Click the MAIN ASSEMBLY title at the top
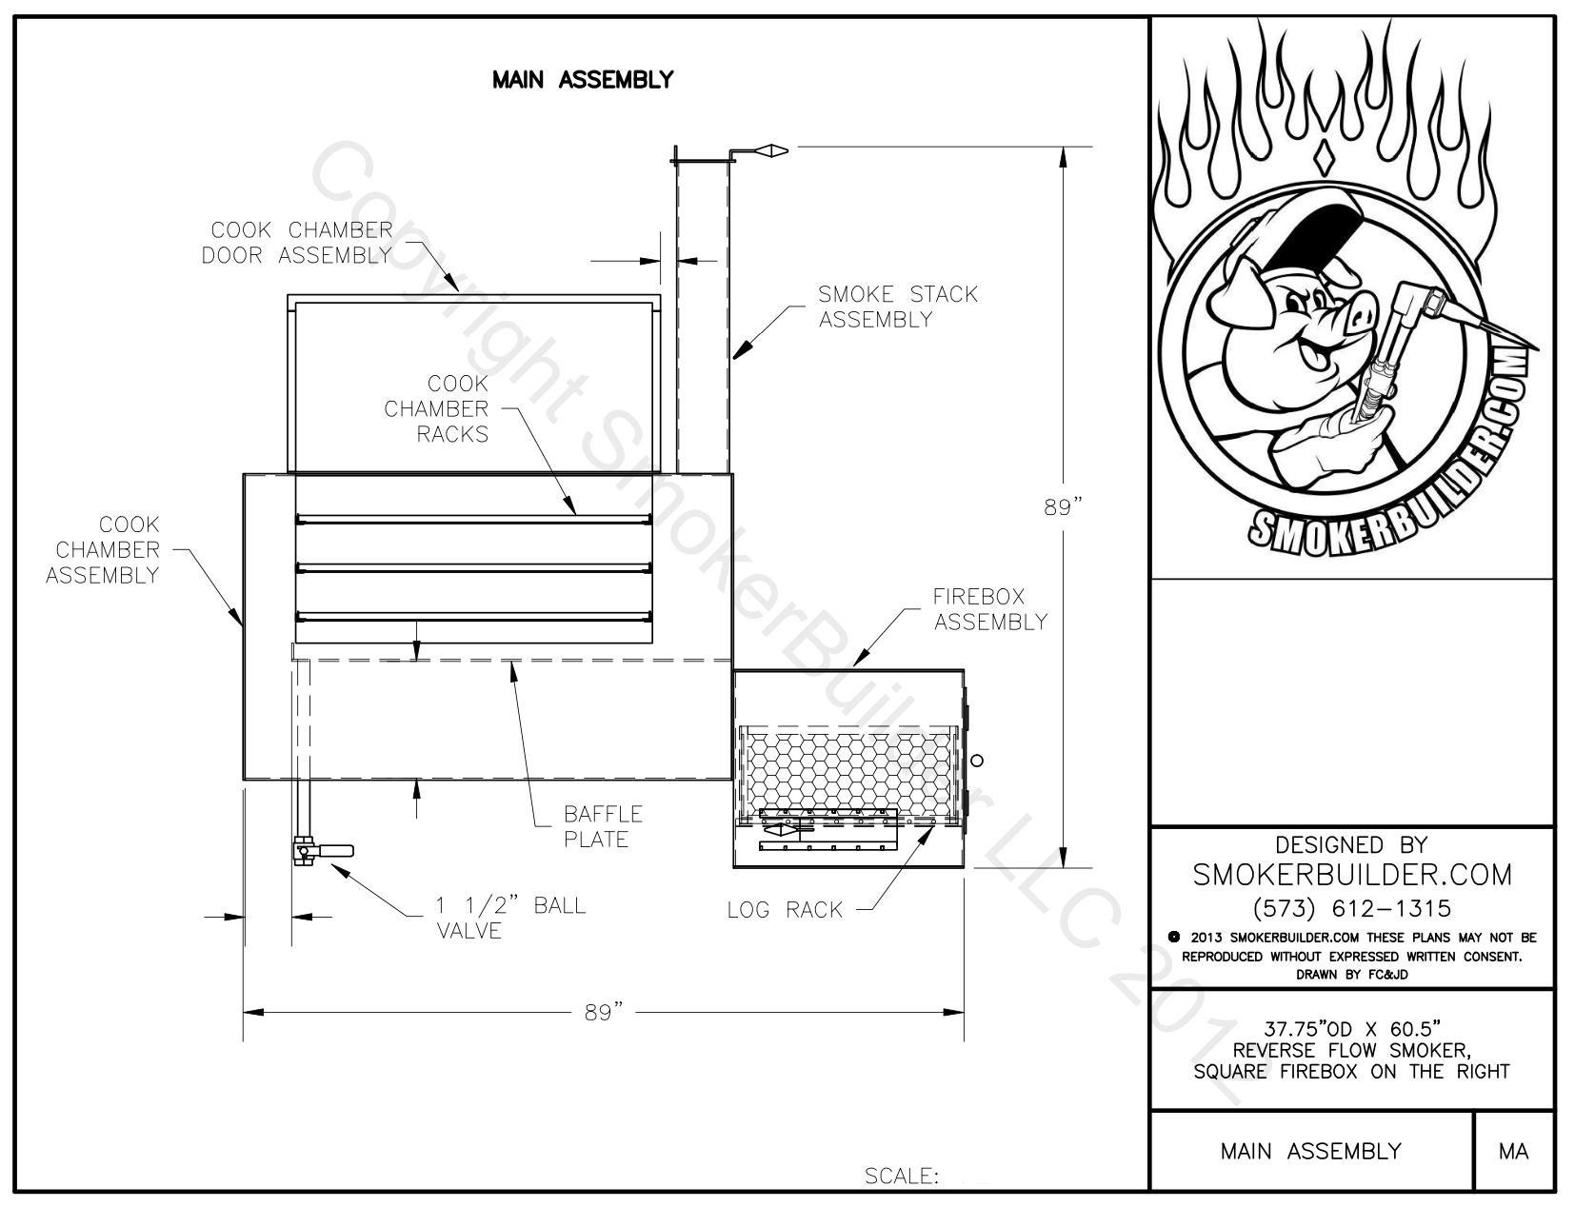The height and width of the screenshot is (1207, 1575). tap(582, 80)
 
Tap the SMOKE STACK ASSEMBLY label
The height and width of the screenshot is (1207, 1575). tap(897, 307)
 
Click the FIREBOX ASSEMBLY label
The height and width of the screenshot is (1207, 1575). tap(989, 609)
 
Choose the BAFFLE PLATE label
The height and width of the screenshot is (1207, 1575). tap(602, 826)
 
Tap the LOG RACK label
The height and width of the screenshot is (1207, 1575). tap(785, 910)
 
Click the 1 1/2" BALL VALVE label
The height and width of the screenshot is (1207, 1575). tap(509, 917)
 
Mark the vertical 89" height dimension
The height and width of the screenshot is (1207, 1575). tap(1064, 507)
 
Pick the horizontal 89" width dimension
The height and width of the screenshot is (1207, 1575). tap(604, 1012)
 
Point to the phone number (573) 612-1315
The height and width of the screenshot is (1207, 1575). tap(1351, 907)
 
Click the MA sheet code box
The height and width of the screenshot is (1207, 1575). tap(1513, 1151)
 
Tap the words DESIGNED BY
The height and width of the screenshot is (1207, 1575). tap(1351, 844)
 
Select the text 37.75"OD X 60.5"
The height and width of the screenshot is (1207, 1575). tap(1351, 1028)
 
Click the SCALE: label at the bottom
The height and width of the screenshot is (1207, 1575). tap(901, 1177)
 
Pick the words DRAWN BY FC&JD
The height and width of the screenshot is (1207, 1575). tap(1351, 974)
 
